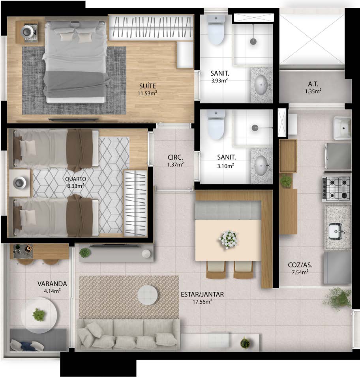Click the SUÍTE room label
(147, 86)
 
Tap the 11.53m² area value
(147, 93)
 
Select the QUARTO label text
(75, 179)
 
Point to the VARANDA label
(52, 284)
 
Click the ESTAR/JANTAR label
(202, 294)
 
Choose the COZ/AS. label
(300, 265)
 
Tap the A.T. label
(313, 84)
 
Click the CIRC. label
(175, 157)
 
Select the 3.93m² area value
(219, 80)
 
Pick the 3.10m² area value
(225, 166)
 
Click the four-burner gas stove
(336, 189)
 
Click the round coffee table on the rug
(148, 295)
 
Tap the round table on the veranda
(39, 315)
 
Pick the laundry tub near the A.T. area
(342, 128)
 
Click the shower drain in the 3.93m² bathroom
(253, 41)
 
